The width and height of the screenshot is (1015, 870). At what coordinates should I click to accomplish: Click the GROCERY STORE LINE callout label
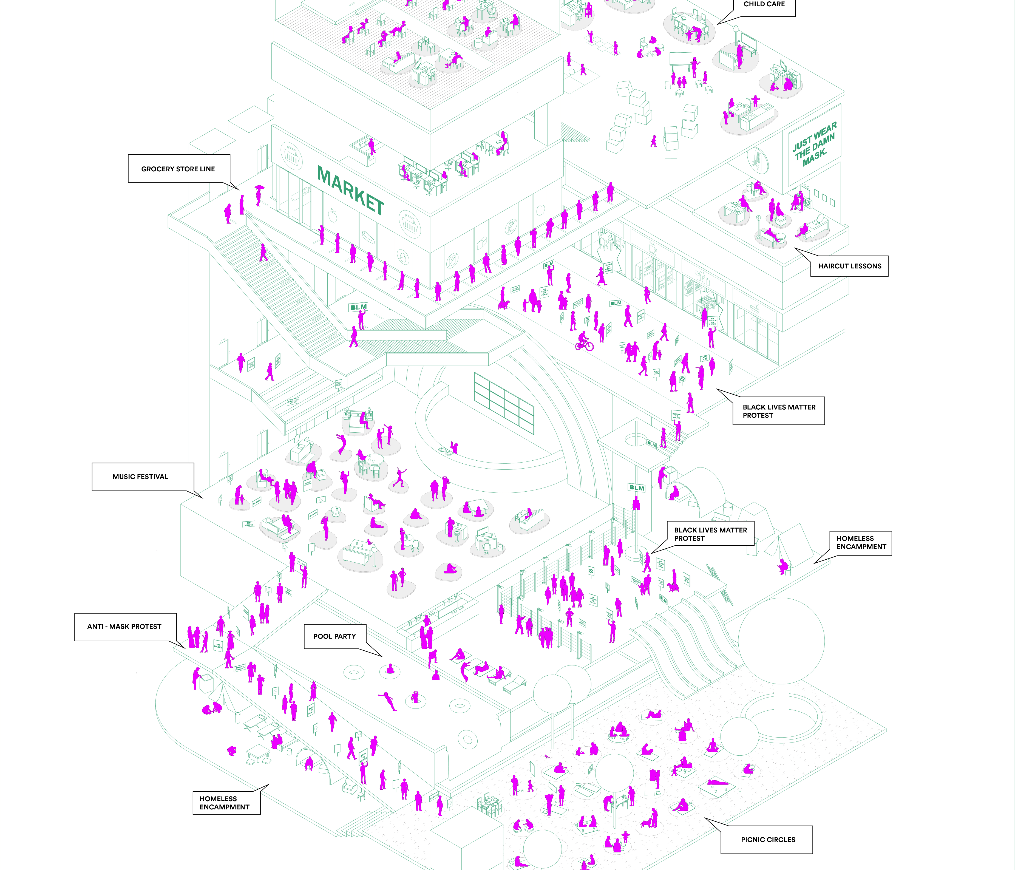178,169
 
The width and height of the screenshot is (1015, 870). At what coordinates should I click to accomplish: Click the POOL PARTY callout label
334,636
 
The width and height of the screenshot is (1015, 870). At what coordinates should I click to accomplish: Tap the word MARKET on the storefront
351,190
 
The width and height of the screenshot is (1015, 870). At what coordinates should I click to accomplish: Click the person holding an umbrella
259,194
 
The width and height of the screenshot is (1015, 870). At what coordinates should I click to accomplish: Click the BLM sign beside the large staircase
358,307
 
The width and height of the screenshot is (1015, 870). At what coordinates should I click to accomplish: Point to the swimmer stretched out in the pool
388,699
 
